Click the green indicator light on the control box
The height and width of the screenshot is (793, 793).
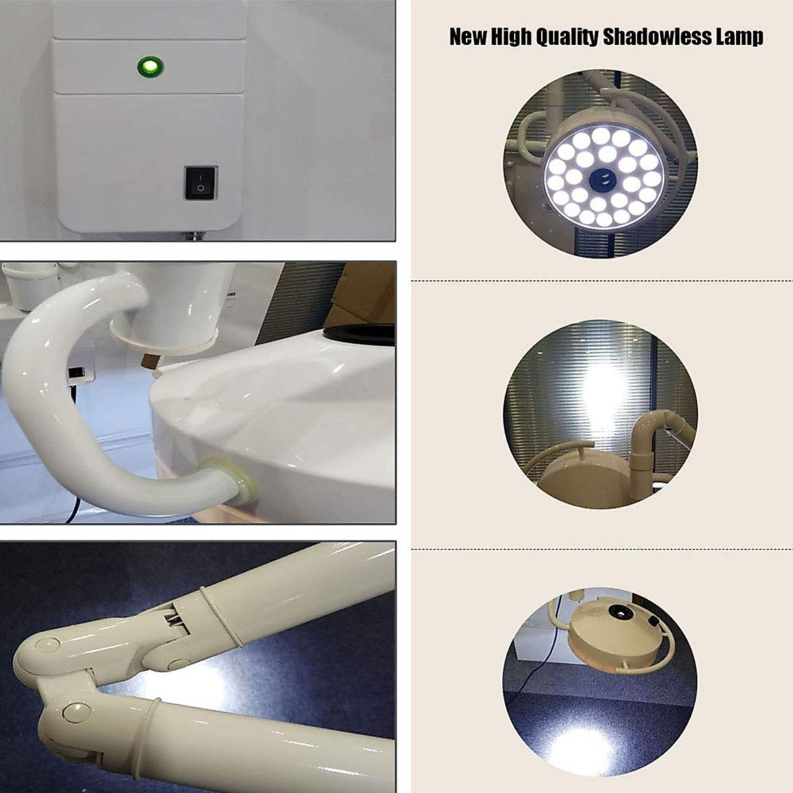click(150, 66)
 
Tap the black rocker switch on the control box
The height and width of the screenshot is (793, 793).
click(200, 183)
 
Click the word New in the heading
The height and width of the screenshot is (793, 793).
click(468, 37)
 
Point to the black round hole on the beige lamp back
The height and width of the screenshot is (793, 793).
click(621, 613)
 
